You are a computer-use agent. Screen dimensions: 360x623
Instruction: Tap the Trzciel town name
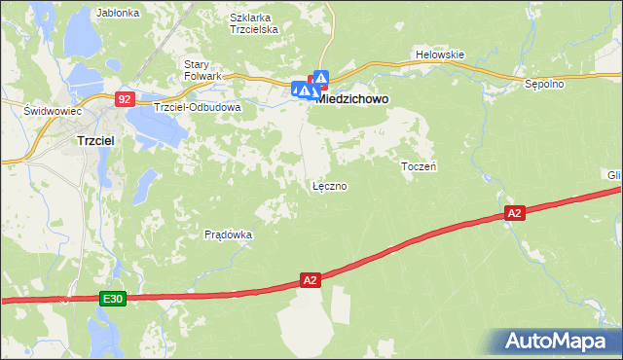pyautogui.click(x=96, y=140)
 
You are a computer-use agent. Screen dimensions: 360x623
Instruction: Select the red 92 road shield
pyautogui.click(x=124, y=98)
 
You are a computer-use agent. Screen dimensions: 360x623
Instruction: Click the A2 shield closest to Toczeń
pyautogui.click(x=515, y=213)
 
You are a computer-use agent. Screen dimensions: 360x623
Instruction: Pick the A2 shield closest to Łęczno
pyautogui.click(x=310, y=280)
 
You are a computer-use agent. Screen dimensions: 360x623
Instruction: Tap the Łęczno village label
pyautogui.click(x=329, y=185)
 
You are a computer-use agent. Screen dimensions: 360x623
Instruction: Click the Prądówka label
pyautogui.click(x=229, y=234)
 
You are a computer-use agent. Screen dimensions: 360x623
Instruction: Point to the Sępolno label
pyautogui.click(x=544, y=84)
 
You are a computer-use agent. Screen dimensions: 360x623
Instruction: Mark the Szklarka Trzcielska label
pyautogui.click(x=254, y=23)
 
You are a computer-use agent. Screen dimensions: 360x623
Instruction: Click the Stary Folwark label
pyautogui.click(x=203, y=70)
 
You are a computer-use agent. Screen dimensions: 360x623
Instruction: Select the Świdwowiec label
pyautogui.click(x=52, y=111)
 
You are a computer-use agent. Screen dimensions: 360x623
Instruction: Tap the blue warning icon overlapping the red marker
pyautogui.click(x=320, y=77)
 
